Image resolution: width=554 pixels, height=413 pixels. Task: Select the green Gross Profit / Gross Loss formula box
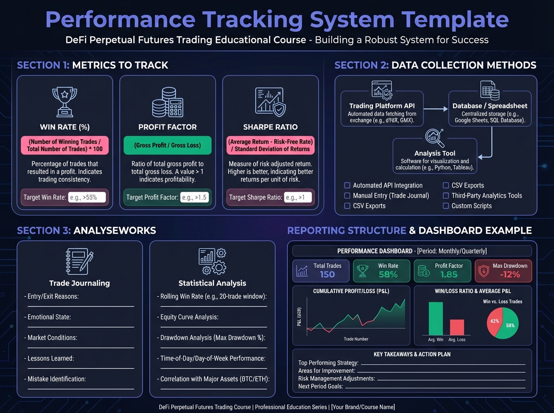coord(168,145)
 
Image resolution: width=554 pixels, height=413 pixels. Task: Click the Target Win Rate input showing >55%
coord(87,197)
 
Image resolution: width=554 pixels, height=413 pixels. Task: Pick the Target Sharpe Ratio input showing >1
coord(297,197)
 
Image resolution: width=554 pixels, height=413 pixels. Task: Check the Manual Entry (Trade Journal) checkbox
coord(347,195)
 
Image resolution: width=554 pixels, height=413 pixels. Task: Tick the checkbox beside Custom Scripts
coord(446,206)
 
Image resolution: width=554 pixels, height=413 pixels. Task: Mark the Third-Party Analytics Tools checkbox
coord(446,195)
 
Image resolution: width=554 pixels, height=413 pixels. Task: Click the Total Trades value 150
coord(327,274)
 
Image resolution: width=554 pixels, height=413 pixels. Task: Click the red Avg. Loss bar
coord(457,327)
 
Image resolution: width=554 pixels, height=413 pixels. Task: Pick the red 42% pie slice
coord(495,320)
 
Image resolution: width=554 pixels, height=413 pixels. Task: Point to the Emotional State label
coord(49,317)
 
